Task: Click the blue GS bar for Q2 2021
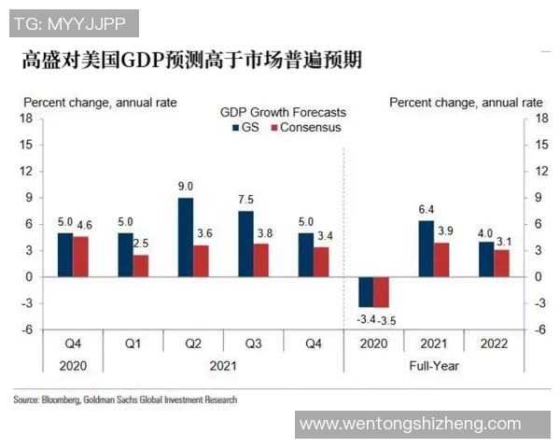click(x=186, y=237)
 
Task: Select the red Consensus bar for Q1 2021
click(x=141, y=266)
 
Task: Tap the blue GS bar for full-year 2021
click(x=426, y=248)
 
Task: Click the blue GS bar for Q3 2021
click(x=245, y=244)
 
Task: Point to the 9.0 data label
click(x=186, y=188)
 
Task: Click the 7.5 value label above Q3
click(x=245, y=201)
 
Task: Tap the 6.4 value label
click(x=426, y=210)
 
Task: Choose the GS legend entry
click(x=245, y=127)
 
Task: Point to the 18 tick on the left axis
click(x=27, y=119)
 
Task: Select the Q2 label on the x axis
click(x=193, y=343)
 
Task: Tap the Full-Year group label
click(x=434, y=366)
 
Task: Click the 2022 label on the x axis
click(x=494, y=343)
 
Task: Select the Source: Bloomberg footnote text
click(x=125, y=399)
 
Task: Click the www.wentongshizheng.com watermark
click(x=410, y=424)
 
